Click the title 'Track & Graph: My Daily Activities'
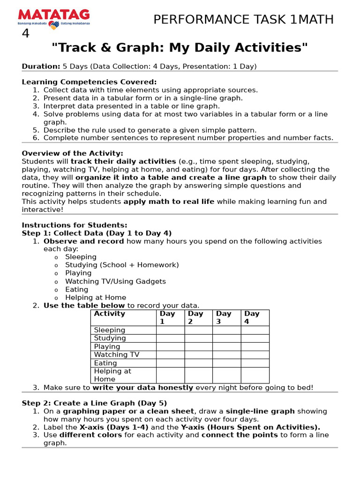coord(180,47)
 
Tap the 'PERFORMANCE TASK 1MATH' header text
coord(243,20)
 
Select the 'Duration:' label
coord(41,67)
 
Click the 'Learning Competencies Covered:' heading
coord(89,82)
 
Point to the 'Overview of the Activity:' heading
coord(73,153)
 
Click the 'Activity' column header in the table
coord(109,314)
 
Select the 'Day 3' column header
coord(224,317)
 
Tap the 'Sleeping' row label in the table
coord(109,330)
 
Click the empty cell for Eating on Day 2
coord(198,363)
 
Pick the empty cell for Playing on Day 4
coord(255,346)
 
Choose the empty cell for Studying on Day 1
coord(170,338)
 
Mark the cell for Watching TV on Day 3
coord(226,354)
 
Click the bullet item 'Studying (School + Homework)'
coord(122,265)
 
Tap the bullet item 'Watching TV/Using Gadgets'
coord(115,281)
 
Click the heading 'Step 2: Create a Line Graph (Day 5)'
coord(94,403)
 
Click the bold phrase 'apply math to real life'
coord(169,202)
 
